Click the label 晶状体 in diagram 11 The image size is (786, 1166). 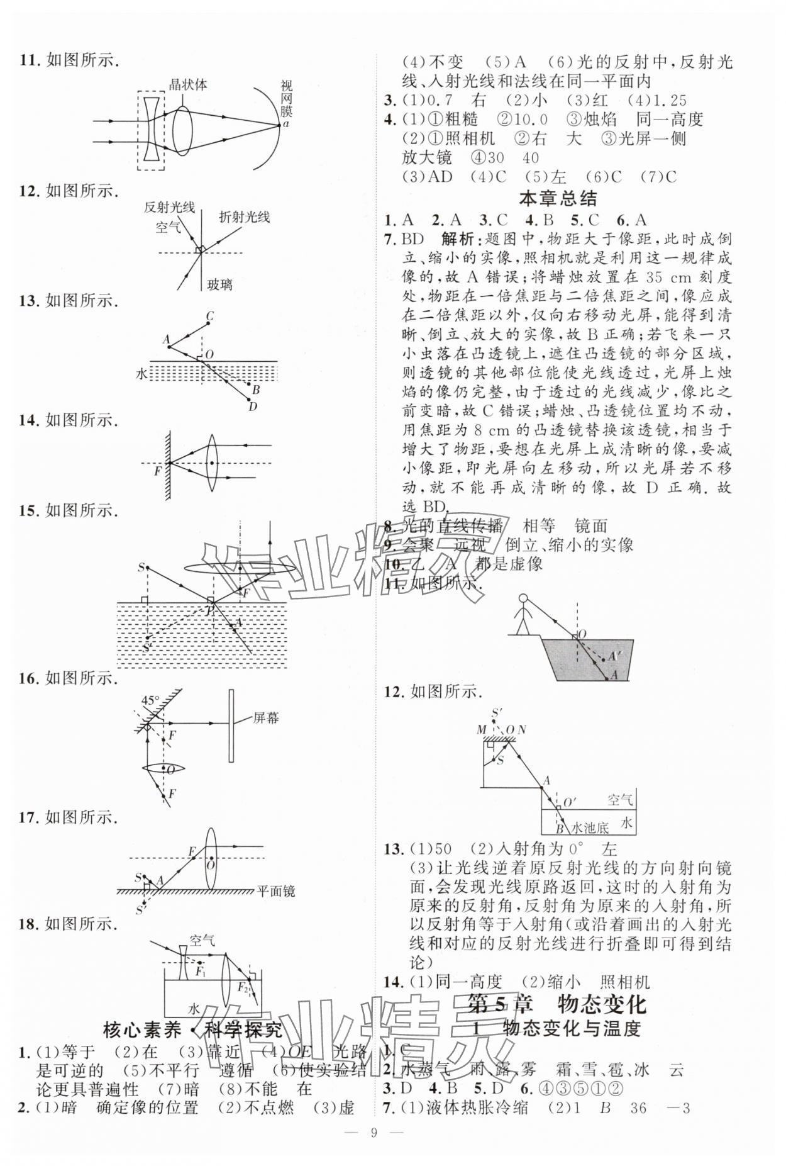(x=188, y=84)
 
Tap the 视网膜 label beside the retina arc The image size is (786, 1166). (x=287, y=99)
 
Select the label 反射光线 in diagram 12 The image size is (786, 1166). (x=169, y=207)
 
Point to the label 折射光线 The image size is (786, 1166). (x=244, y=217)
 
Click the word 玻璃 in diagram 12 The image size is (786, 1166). (x=219, y=284)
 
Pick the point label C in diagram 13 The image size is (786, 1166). (x=209, y=316)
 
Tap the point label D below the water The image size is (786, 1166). (x=253, y=406)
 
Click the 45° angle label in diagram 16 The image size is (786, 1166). (x=150, y=700)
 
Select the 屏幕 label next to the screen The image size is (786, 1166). (x=267, y=717)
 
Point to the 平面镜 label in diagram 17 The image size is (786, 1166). (x=276, y=891)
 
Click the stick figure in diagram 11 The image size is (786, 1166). (x=522, y=614)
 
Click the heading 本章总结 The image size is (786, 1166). (x=557, y=199)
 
